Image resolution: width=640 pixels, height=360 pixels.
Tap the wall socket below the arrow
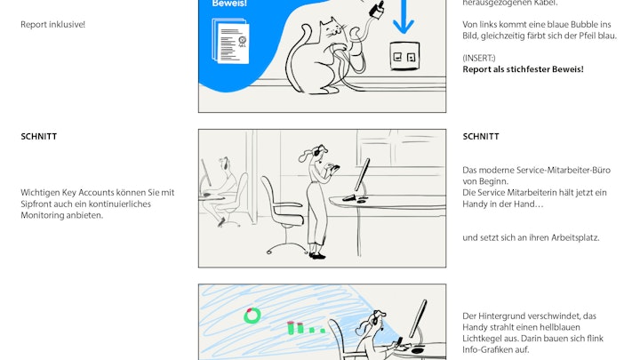(404, 56)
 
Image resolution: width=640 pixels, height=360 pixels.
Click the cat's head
(333, 28)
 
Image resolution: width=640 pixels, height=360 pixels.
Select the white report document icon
(230, 41)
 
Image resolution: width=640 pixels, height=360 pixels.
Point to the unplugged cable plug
(376, 10)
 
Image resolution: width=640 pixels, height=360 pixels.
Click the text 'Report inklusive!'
(53, 25)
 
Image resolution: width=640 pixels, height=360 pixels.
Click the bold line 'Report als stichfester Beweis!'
(523, 69)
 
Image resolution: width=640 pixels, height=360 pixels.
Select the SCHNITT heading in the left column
(39, 136)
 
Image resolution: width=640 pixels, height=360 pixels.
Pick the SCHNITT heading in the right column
(481, 136)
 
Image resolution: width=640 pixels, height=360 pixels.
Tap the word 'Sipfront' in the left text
(36, 204)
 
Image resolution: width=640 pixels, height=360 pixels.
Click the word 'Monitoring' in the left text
(40, 215)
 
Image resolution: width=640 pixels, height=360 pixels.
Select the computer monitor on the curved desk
(361, 175)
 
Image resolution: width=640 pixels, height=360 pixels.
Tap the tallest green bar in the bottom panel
(291, 328)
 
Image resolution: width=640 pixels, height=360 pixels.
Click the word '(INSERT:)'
(479, 58)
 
